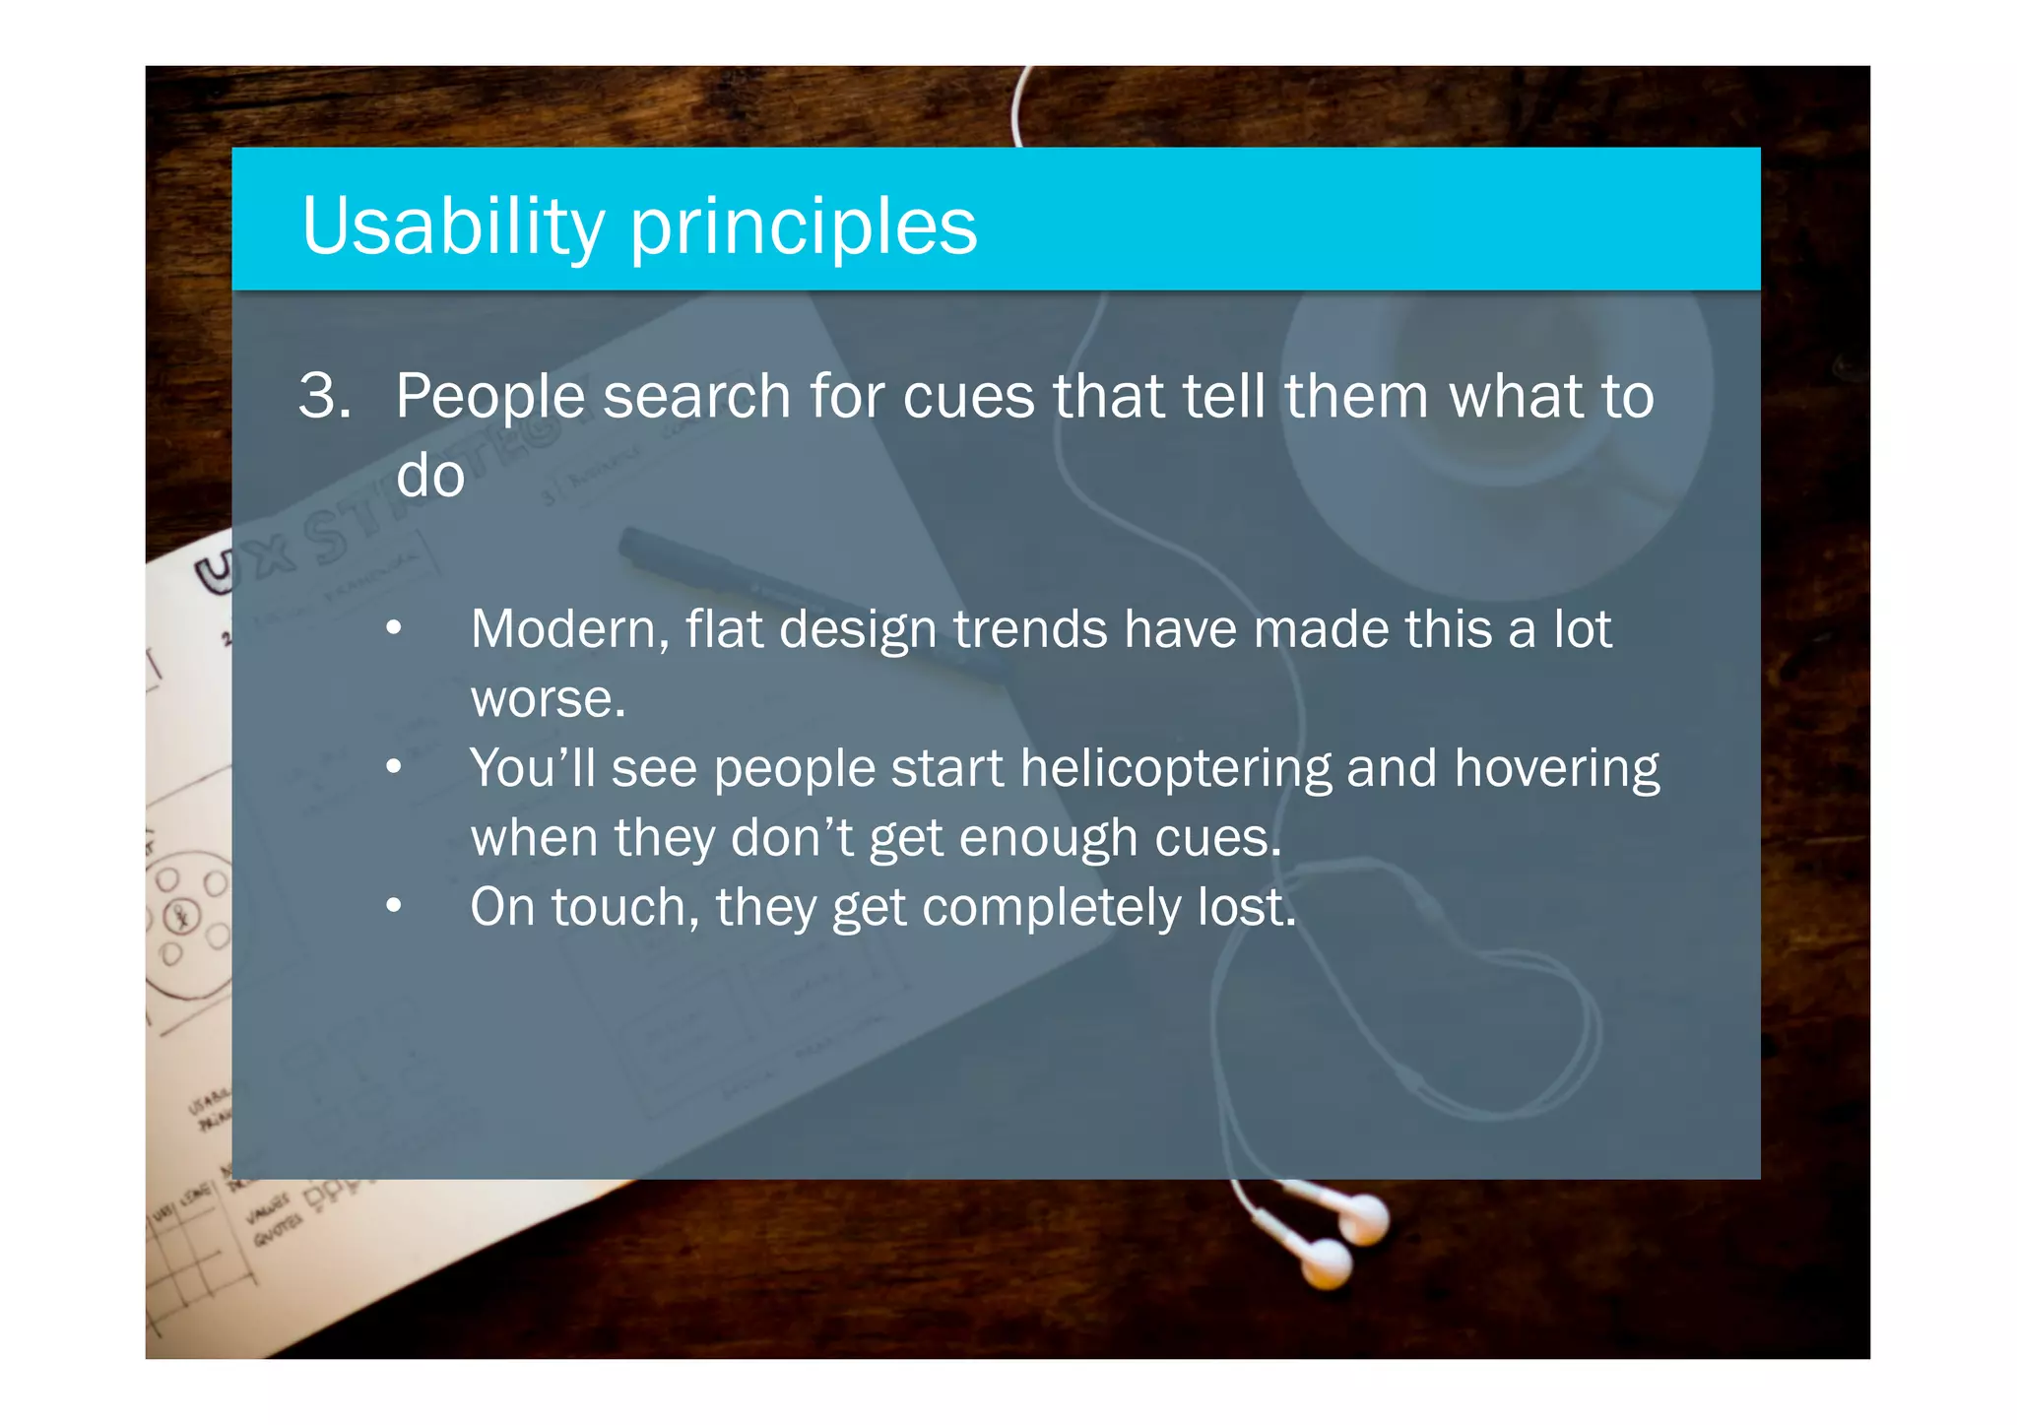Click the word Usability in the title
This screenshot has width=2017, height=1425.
tap(453, 226)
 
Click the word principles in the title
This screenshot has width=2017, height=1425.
tap(803, 228)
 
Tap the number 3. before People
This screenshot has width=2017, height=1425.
tap(324, 396)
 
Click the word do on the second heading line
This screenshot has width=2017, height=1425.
tap(429, 476)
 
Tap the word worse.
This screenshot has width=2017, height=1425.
tap(548, 699)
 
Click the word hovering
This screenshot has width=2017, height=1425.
tap(1556, 770)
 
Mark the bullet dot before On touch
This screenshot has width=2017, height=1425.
tap(394, 905)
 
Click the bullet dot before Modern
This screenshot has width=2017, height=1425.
tap(394, 628)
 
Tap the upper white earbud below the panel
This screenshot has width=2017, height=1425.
tap(1363, 1219)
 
